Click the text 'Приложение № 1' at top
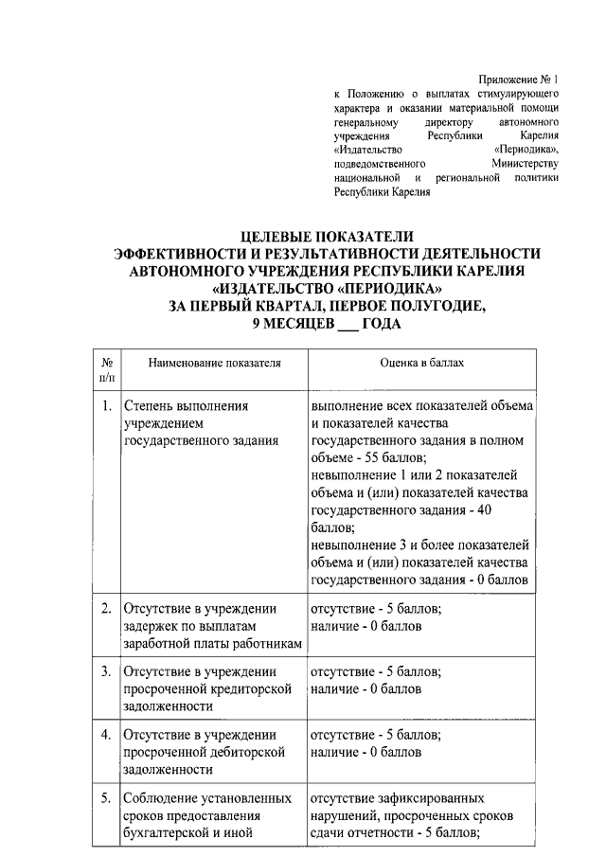(519, 80)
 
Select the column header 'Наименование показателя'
(201, 363)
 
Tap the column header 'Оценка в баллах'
(421, 363)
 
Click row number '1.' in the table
(108, 406)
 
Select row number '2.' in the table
(108, 608)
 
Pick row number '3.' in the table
(108, 671)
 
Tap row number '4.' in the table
(108, 735)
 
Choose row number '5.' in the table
(108, 798)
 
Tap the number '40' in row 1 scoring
(520, 509)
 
